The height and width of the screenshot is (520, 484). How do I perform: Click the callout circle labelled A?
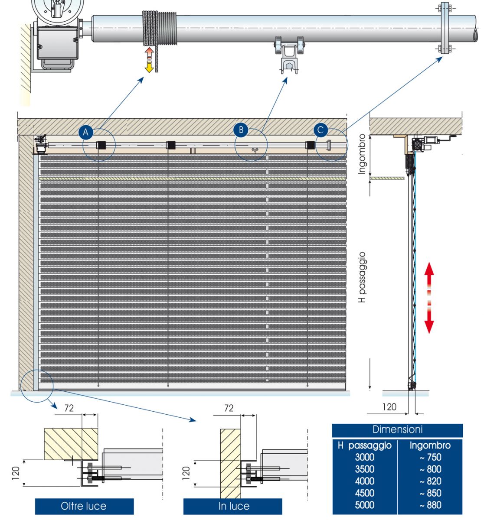(86, 132)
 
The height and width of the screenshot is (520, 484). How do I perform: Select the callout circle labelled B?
(241, 129)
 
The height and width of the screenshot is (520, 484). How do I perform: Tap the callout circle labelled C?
(320, 130)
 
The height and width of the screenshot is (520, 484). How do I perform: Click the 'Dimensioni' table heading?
(397, 430)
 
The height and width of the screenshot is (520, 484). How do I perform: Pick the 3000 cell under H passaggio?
(364, 457)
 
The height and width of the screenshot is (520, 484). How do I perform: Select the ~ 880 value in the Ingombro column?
(430, 505)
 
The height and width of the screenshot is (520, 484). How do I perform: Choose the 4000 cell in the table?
(364, 481)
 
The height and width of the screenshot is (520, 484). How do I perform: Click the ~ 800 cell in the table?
(430, 469)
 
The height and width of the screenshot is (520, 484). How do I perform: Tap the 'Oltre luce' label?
(84, 506)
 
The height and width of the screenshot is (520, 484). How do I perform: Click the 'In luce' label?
(233, 506)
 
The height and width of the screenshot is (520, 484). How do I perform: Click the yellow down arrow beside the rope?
(149, 67)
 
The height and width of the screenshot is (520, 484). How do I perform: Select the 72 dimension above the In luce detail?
(229, 408)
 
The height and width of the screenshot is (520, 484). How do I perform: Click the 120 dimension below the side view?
(389, 406)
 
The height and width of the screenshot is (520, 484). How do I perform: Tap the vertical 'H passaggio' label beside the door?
(363, 277)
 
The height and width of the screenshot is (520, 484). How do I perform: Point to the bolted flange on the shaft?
(445, 28)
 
